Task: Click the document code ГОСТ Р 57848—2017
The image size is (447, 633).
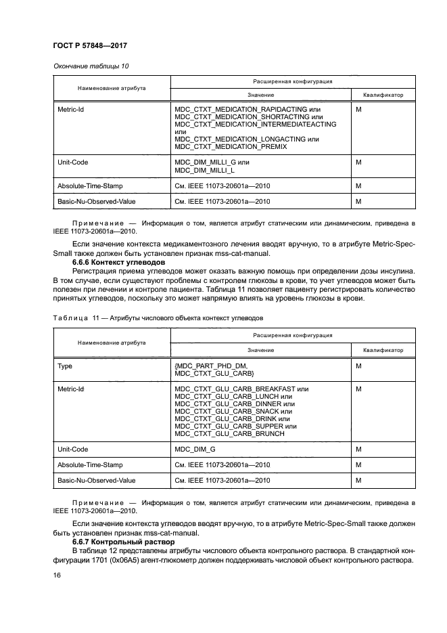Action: (x=90, y=45)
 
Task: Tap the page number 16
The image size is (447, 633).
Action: (x=57, y=575)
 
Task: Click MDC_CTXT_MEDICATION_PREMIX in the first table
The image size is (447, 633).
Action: (x=231, y=146)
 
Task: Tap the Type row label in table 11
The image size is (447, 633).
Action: (x=65, y=366)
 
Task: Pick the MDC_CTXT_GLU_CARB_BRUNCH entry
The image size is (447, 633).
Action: (x=229, y=433)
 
